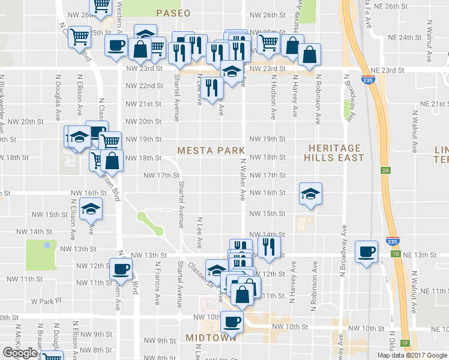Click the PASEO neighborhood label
(x=173, y=13)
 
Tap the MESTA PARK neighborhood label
(x=211, y=150)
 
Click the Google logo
(x=20, y=353)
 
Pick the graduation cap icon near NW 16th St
(x=310, y=194)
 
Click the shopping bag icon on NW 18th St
(x=112, y=160)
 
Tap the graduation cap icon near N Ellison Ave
(x=91, y=208)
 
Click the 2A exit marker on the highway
(x=385, y=170)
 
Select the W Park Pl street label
(x=43, y=301)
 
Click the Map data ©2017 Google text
(x=412, y=355)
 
